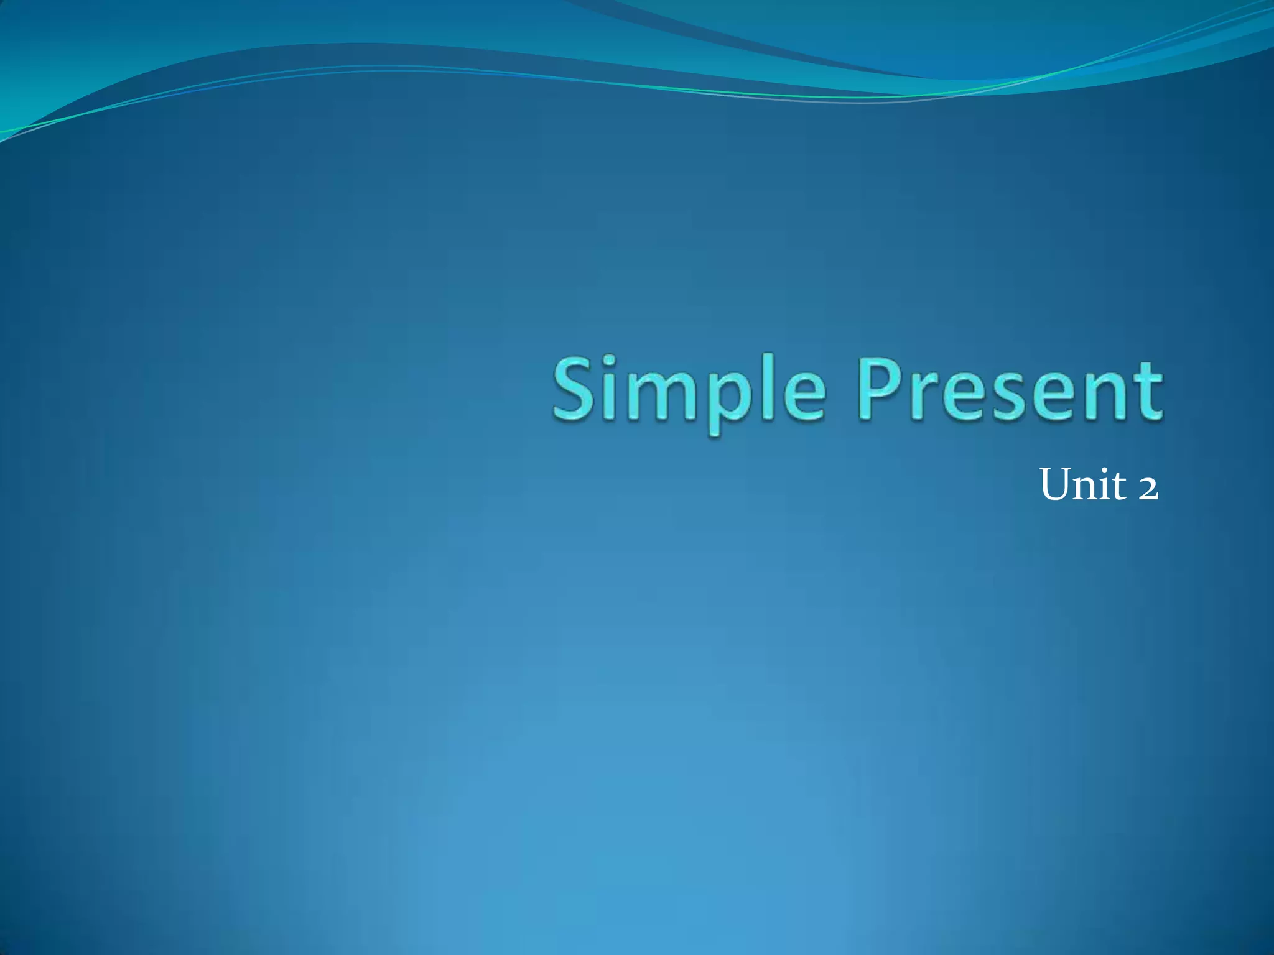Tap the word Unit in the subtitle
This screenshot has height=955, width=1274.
tap(1082, 484)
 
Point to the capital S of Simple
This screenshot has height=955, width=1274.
tap(573, 389)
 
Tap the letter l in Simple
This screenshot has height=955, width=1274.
tap(766, 389)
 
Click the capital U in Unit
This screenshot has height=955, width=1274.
tap(1058, 484)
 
